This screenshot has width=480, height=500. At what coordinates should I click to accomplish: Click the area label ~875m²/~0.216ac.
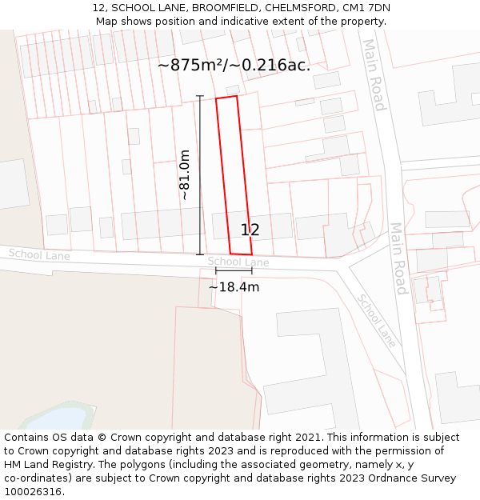click(x=234, y=66)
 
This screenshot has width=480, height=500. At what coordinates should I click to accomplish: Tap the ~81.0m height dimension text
click(x=185, y=175)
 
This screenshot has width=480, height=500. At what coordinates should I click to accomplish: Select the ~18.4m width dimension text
click(x=234, y=287)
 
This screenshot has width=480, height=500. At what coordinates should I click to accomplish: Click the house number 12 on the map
click(x=250, y=230)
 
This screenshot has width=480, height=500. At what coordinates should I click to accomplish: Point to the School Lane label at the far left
click(x=39, y=255)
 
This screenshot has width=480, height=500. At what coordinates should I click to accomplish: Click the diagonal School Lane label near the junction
click(x=376, y=319)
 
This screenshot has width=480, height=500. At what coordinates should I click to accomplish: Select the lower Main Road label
click(x=398, y=258)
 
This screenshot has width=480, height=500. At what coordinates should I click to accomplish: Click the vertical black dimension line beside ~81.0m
click(x=200, y=175)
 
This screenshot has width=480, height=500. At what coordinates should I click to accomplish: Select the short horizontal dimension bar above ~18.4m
click(x=234, y=272)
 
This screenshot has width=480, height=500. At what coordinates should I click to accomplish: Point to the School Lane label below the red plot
click(x=238, y=262)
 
